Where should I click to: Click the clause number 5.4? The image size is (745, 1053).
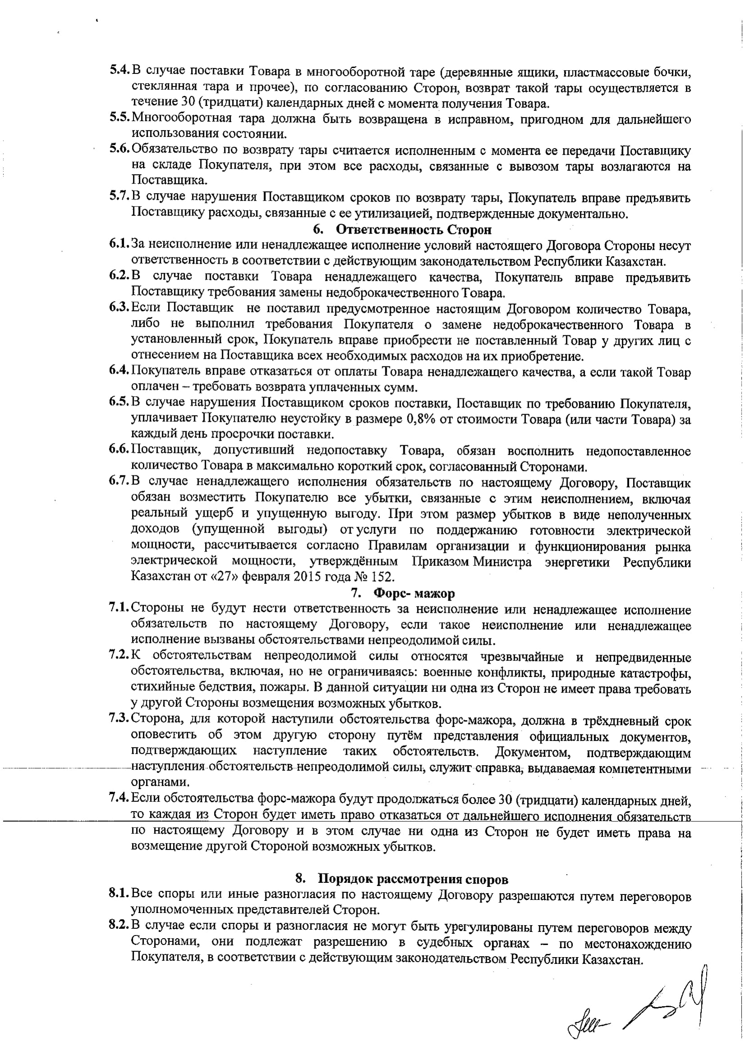tap(120, 71)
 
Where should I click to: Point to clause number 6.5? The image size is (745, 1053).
tap(119, 402)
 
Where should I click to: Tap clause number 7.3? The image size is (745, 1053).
tap(119, 718)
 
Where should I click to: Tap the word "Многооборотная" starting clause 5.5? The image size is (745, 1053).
tap(182, 119)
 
